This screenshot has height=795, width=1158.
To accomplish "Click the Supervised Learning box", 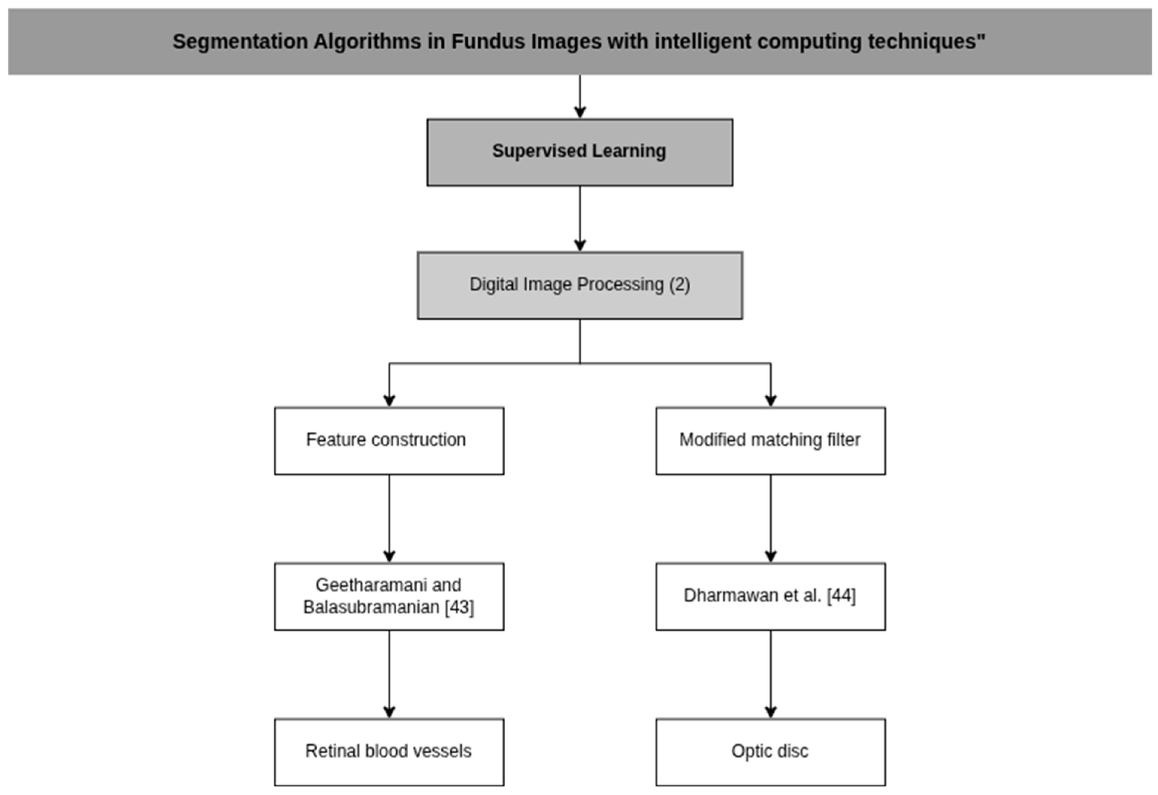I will (579, 152).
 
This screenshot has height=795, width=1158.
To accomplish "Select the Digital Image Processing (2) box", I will (579, 285).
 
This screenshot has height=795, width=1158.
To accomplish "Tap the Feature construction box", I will (389, 441).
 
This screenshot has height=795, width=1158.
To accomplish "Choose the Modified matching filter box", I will (770, 441).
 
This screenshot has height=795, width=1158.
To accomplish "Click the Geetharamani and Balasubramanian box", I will (389, 596).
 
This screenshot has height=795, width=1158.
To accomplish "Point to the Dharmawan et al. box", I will (770, 596).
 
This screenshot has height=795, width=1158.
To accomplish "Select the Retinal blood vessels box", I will (389, 752).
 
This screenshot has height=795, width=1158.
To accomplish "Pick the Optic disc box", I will (770, 752).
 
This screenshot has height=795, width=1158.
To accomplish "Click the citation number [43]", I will (459, 607).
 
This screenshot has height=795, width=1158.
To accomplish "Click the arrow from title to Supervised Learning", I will (579, 97).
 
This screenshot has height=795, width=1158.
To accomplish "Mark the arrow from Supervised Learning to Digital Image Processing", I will (579, 219).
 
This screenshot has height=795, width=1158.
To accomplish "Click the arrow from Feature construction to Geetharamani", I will (389, 518).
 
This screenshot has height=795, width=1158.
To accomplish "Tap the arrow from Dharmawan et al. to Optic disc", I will (771, 674).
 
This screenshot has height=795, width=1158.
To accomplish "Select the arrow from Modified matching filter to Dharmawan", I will (771, 518).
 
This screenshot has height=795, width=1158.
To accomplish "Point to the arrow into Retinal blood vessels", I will (389, 674).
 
